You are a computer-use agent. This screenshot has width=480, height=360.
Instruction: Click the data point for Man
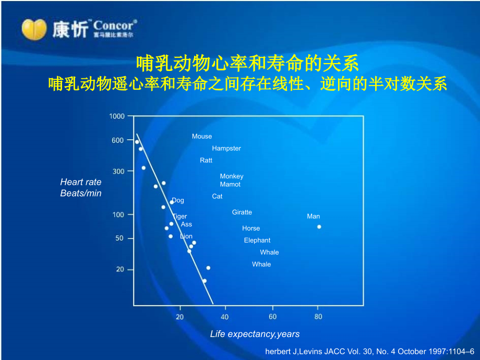[319, 226]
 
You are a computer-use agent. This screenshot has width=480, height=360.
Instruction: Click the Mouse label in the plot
[202, 136]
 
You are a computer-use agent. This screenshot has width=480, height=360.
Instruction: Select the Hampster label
[226, 148]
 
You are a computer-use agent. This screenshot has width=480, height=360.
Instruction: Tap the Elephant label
[257, 240]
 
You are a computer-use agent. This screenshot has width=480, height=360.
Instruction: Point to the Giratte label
[242, 212]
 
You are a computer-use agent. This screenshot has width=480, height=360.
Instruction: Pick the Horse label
[251, 228]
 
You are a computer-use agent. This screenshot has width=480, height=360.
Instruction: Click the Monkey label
[232, 176]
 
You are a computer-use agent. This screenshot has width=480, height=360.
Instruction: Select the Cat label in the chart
[217, 196]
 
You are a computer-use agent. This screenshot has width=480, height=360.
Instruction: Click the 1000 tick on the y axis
[117, 116]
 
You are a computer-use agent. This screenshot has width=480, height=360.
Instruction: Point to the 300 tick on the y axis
[119, 171]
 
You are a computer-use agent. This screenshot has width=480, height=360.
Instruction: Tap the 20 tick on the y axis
[121, 269]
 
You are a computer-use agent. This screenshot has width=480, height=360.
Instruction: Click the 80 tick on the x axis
[318, 317]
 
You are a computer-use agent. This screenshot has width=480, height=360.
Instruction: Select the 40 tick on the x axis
[225, 317]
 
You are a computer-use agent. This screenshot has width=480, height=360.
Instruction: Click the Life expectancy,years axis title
[255, 334]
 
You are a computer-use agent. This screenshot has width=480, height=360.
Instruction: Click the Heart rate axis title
[81, 182]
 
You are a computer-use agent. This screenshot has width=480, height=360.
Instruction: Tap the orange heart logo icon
[34, 29]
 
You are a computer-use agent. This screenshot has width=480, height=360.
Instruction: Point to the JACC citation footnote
[370, 352]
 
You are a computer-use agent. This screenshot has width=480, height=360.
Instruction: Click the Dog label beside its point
[178, 200]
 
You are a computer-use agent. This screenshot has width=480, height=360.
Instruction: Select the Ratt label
[206, 160]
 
